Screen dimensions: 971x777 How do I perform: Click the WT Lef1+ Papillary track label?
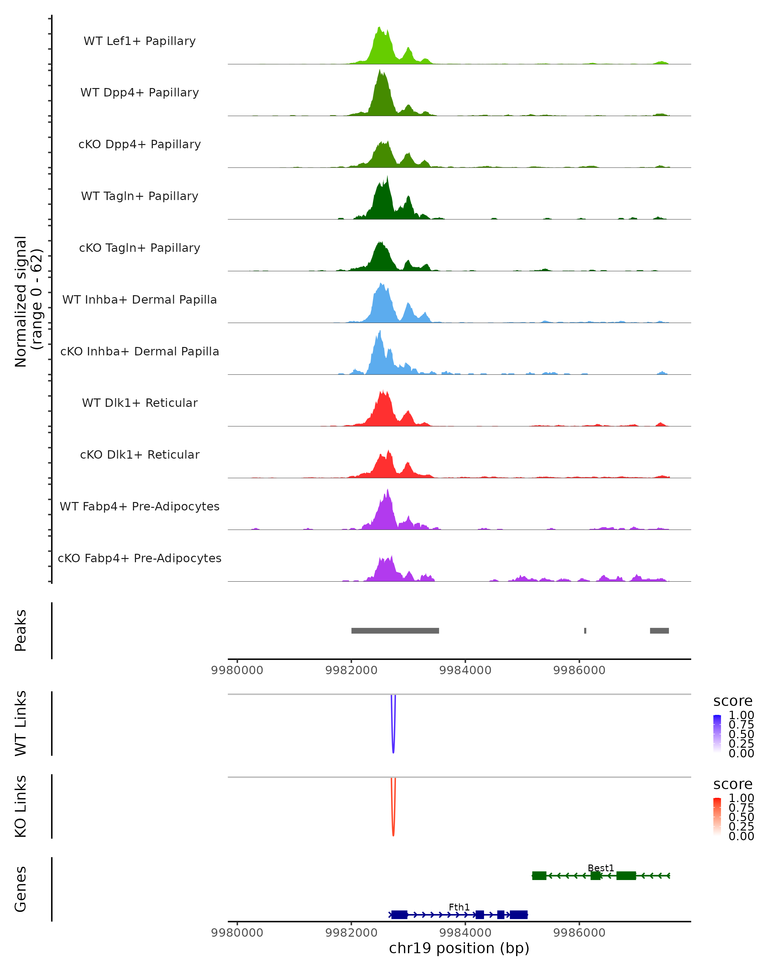coord(140,41)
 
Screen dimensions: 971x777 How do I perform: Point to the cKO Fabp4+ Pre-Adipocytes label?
coord(140,558)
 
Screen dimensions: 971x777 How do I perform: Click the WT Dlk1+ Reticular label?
coord(140,403)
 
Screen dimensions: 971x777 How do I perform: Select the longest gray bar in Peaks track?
coord(395,631)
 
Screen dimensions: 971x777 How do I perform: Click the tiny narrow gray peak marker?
coord(585,631)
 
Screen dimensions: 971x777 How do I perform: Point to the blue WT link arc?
coord(393,750)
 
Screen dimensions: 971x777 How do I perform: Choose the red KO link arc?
coord(393,833)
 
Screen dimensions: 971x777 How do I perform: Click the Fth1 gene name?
coord(459,907)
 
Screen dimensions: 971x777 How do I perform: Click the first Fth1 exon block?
coord(399,915)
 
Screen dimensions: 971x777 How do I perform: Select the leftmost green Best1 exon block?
coord(539,876)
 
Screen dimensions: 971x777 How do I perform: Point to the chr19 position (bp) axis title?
coord(459,948)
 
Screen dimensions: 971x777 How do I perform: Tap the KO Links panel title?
coord(21,807)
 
